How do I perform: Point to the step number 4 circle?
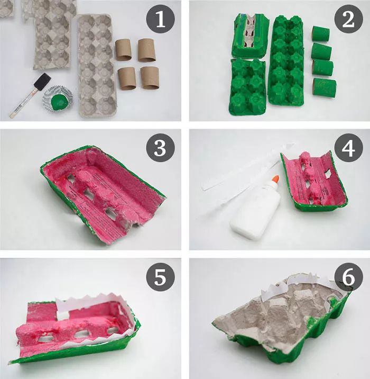tap(348, 150)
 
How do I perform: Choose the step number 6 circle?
tap(348, 279)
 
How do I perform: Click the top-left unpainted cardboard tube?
tap(126, 50)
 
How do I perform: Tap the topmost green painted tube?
tap(320, 34)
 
